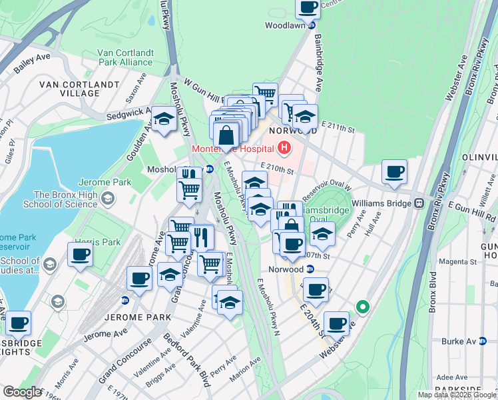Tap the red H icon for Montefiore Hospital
[x=285, y=147]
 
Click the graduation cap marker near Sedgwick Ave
[x=162, y=120]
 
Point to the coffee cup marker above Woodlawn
[x=308, y=8]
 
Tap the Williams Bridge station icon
[x=419, y=203]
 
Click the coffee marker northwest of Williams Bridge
[x=394, y=172]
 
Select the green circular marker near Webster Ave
[x=362, y=307]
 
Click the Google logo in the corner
[x=23, y=392]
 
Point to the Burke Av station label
[x=459, y=341]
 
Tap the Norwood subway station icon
[x=310, y=269]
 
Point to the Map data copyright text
[x=457, y=395]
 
